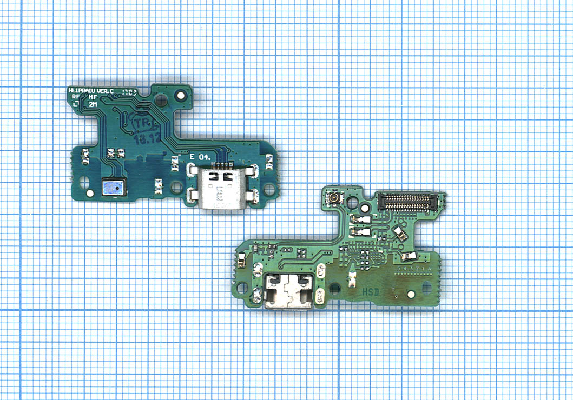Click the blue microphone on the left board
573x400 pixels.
point(113,187)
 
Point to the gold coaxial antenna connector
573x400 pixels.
point(335,200)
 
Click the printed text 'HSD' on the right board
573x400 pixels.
point(370,291)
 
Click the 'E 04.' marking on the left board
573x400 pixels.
point(199,156)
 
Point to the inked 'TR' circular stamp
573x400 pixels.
point(144,124)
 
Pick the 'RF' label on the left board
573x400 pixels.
point(75,98)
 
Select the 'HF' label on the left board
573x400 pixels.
point(93,98)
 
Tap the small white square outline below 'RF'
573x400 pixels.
point(76,105)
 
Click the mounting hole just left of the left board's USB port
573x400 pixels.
point(176,188)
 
